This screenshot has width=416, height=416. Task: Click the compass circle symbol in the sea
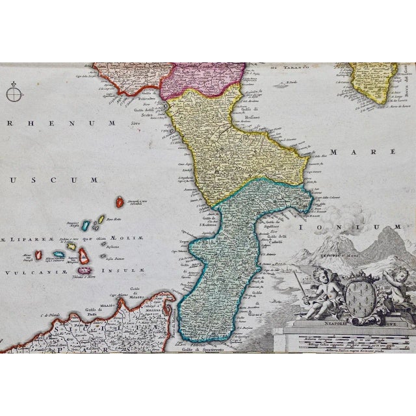coord(14,94)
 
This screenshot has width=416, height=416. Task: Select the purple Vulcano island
coord(84,268)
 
